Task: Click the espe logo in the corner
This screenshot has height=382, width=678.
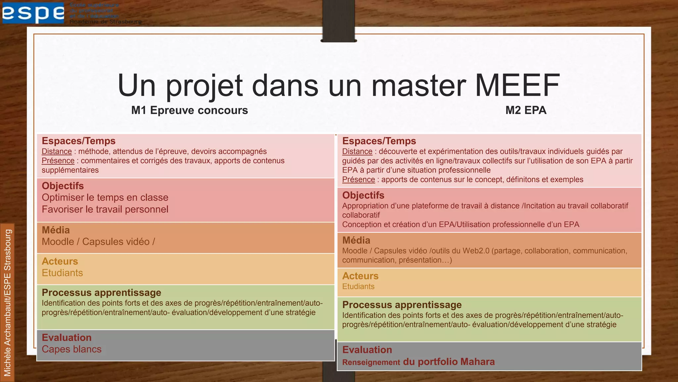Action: [33, 13]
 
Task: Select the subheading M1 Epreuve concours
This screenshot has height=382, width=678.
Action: [189, 110]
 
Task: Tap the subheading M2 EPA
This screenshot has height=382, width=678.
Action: [525, 110]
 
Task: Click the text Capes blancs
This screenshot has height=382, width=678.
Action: [72, 349]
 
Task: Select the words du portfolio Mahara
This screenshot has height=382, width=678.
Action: [449, 362]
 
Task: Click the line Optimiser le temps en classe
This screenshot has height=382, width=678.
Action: [105, 198]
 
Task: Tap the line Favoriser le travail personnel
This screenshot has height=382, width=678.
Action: [105, 210]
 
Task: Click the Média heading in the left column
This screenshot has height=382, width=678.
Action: [56, 230]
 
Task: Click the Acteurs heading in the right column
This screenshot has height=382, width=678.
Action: [360, 276]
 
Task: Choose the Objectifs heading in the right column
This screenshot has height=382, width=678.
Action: [363, 195]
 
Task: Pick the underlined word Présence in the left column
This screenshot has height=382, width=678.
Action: [58, 161]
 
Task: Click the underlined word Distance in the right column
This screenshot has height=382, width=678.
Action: [357, 152]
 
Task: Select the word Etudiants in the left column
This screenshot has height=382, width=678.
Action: [62, 273]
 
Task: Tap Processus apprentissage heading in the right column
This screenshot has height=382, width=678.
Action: [402, 305]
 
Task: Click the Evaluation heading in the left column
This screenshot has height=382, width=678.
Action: [67, 338]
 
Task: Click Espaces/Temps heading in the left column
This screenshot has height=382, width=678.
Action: [78, 141]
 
